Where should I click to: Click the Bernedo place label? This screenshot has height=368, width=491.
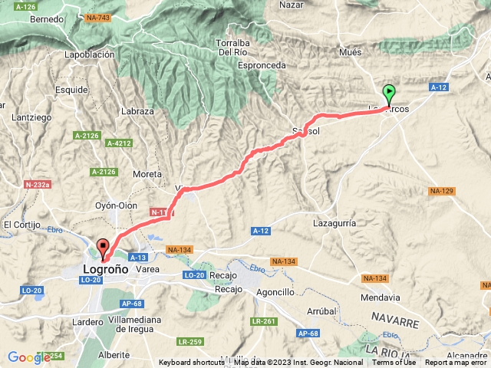click(x=48, y=19)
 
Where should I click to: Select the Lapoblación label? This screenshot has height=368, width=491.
click(x=90, y=54)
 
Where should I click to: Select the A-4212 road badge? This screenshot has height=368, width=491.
click(x=120, y=143)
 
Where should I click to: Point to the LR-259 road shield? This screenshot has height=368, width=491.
click(x=189, y=341)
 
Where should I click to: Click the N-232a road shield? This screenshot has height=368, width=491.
click(x=38, y=185)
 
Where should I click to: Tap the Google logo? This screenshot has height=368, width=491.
click(x=29, y=357)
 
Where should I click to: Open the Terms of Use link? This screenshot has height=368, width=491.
click(x=394, y=363)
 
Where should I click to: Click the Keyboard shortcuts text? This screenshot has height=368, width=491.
click(x=193, y=363)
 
